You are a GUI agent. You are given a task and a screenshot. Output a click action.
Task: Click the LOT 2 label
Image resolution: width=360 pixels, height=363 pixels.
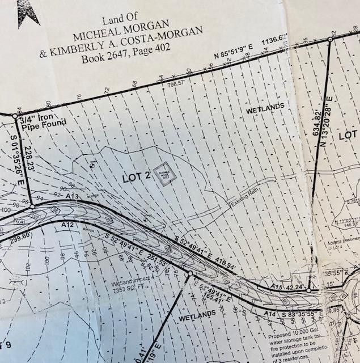click(x=136, y=178)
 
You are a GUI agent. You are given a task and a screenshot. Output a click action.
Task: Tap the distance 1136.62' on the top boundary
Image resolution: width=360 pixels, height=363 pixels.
click(x=275, y=41)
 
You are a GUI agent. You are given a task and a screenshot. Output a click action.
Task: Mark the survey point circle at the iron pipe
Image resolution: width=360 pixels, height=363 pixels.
click(x=15, y=116)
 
